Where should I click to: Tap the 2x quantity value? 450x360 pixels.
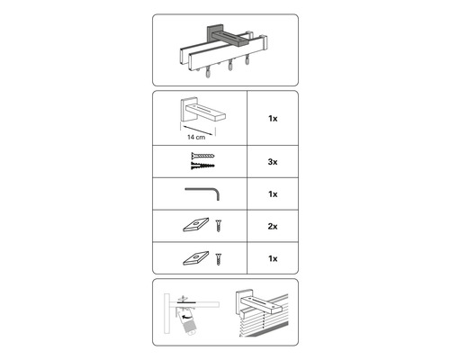(273, 225)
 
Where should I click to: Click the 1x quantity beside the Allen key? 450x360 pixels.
(273, 193)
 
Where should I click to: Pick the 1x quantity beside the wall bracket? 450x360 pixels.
(273, 117)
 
